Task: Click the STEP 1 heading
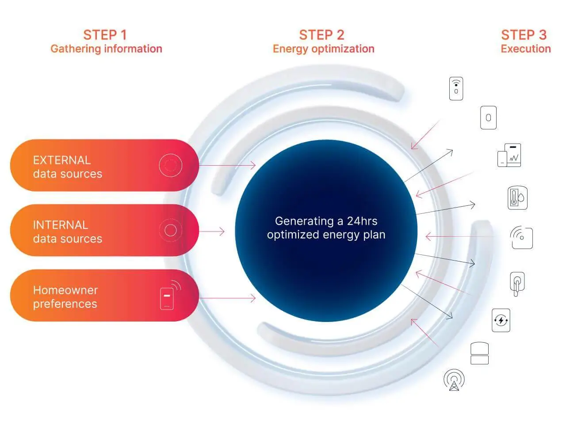(x=105, y=35)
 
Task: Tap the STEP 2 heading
(x=321, y=35)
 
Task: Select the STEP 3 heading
(x=524, y=35)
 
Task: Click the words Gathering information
(x=106, y=49)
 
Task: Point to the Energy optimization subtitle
(x=324, y=49)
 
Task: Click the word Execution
(x=526, y=49)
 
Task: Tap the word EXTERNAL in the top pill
(x=62, y=160)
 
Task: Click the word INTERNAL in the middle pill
(x=61, y=225)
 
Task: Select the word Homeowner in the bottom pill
(x=65, y=290)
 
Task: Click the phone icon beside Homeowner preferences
(x=170, y=295)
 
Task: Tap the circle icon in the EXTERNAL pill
(x=170, y=165)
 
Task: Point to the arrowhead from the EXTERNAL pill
(x=252, y=165)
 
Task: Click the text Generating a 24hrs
(x=326, y=221)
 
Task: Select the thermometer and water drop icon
(x=517, y=198)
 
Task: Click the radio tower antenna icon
(x=454, y=380)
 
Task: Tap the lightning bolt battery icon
(x=501, y=320)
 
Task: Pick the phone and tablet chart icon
(x=509, y=155)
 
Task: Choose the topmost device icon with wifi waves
(x=456, y=88)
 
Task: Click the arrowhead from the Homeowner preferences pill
(x=252, y=298)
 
